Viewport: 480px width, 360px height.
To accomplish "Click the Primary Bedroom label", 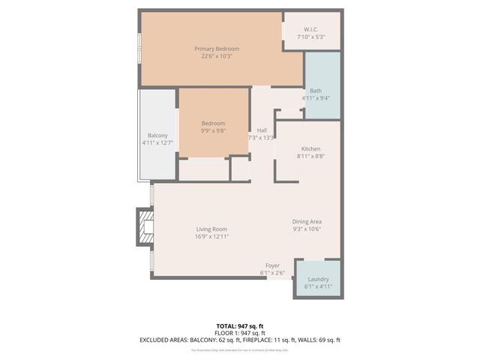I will point(217,49).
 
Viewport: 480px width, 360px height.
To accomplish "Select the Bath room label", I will point(316,91).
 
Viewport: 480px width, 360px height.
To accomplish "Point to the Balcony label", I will point(157,136).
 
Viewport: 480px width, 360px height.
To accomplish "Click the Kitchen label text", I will point(310,148).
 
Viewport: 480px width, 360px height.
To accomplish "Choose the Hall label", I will point(261,130).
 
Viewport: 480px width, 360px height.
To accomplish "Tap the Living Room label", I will point(211,229).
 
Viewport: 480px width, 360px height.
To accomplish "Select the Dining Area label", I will point(307,221).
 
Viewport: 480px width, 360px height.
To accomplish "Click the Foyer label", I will point(272,265).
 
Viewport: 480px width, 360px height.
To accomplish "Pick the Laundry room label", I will point(317,279).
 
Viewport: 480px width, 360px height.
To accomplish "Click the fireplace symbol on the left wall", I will point(144,226).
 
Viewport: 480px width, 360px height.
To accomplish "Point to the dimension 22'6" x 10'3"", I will point(217,56).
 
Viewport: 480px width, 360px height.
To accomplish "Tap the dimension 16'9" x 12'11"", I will point(211,237).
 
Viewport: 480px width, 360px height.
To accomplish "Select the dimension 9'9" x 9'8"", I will point(213,130).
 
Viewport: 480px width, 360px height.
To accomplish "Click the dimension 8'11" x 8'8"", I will point(310,156).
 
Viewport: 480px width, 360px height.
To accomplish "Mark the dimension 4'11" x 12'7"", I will point(157,143).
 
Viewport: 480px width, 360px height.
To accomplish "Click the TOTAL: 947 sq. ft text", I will point(239,325).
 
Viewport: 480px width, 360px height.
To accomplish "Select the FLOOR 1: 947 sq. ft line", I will point(239,332).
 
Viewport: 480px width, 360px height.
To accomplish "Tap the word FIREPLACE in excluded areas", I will point(263,340).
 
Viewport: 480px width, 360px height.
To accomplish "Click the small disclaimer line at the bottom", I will point(239,350).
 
